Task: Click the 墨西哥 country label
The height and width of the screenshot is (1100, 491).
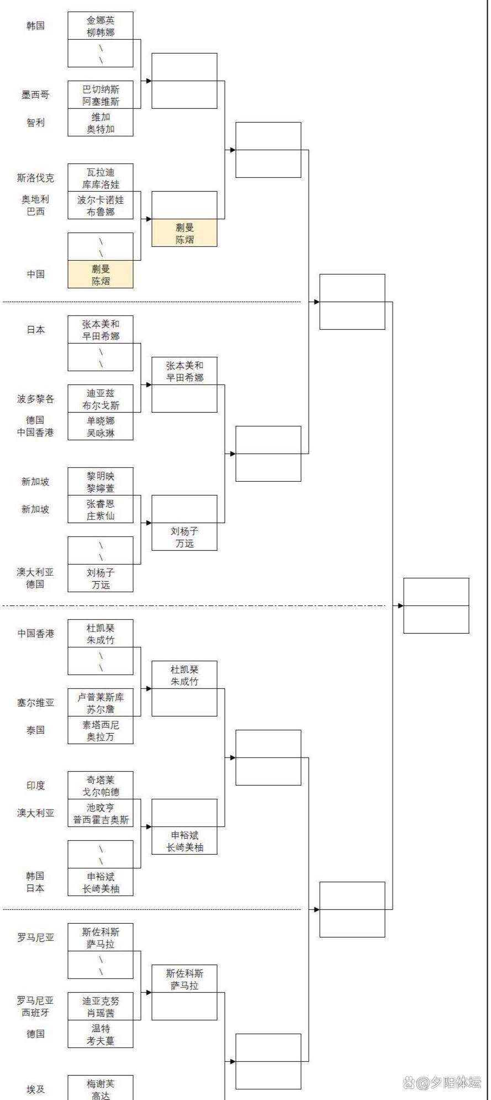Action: tap(35, 95)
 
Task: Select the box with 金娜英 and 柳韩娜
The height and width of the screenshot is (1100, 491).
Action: tap(101, 26)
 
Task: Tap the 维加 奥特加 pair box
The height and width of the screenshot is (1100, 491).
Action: tap(101, 123)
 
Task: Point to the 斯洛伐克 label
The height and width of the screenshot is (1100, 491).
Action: tap(35, 178)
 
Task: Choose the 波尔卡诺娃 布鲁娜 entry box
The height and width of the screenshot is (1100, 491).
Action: tap(101, 206)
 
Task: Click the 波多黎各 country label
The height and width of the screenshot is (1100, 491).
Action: tap(35, 399)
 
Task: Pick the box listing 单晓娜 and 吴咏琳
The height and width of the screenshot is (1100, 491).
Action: tap(101, 427)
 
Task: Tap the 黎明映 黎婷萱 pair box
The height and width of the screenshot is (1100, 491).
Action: tap(101, 482)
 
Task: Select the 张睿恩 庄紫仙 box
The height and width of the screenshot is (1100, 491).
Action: tap(101, 509)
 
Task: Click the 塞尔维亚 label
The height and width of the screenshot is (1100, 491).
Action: tap(35, 703)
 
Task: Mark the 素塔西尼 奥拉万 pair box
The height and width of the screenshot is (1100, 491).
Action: tap(101, 730)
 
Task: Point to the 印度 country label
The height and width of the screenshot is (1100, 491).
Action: tap(35, 786)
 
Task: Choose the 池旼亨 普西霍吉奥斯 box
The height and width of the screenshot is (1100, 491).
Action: tap(101, 813)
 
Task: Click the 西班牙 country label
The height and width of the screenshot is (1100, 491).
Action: tap(35, 1013)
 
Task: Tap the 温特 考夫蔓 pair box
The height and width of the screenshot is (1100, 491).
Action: tap(101, 1034)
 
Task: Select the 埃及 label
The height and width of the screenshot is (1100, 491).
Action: tap(35, 1090)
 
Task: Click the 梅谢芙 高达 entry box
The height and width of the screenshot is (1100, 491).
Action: tap(101, 1088)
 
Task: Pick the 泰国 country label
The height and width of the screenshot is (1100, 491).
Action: tap(35, 730)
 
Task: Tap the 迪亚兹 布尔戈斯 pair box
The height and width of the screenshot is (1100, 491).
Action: tap(101, 399)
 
